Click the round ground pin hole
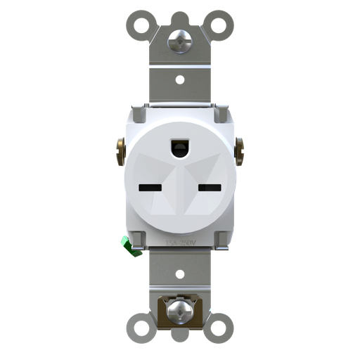pyautogui.click(x=180, y=147)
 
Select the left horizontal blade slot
pyautogui.click(x=150, y=188)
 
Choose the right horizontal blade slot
pyautogui.click(x=209, y=188)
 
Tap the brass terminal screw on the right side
pyautogui.click(x=239, y=149)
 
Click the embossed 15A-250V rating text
pyautogui.click(x=180, y=242)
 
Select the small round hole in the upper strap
pyautogui.click(x=180, y=79)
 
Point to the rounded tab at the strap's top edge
pyautogui.click(x=180, y=15)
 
